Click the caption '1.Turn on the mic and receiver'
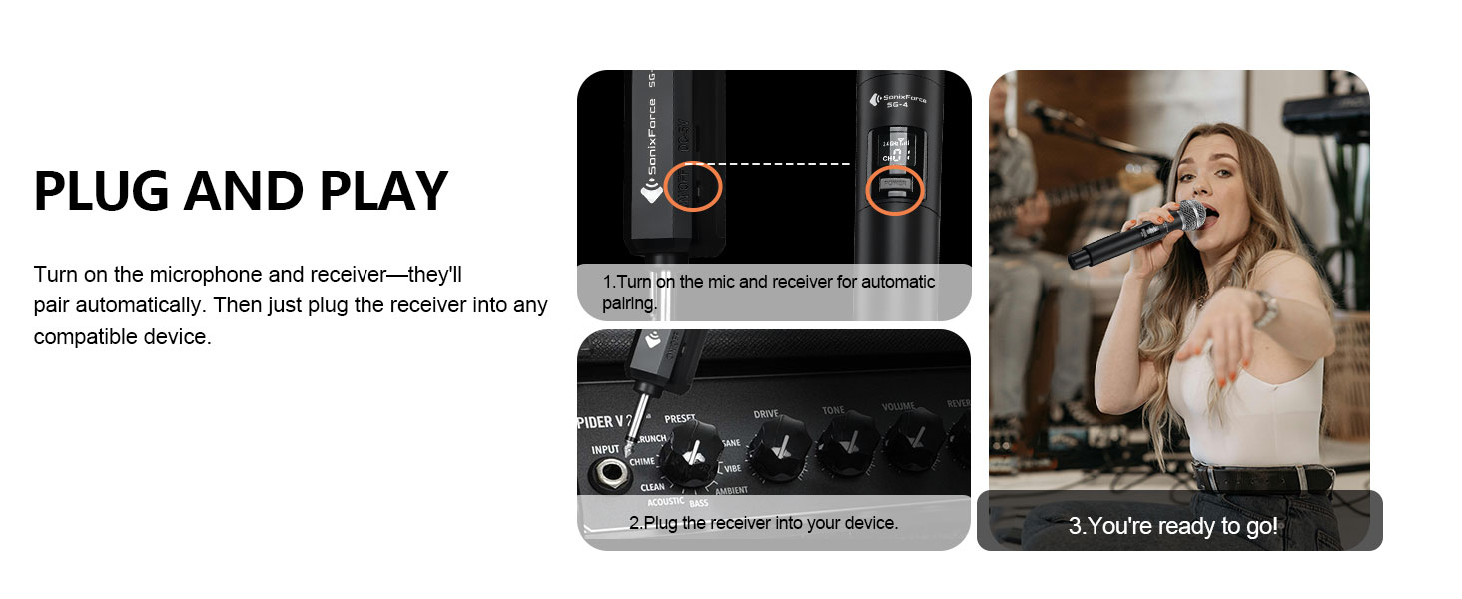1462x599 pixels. click(769, 283)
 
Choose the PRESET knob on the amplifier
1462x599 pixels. click(688, 454)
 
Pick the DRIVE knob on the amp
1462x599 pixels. click(775, 446)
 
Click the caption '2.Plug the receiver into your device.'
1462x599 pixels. click(764, 522)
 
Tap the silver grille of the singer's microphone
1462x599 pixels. click(1190, 214)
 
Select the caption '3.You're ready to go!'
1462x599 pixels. click(1172, 526)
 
